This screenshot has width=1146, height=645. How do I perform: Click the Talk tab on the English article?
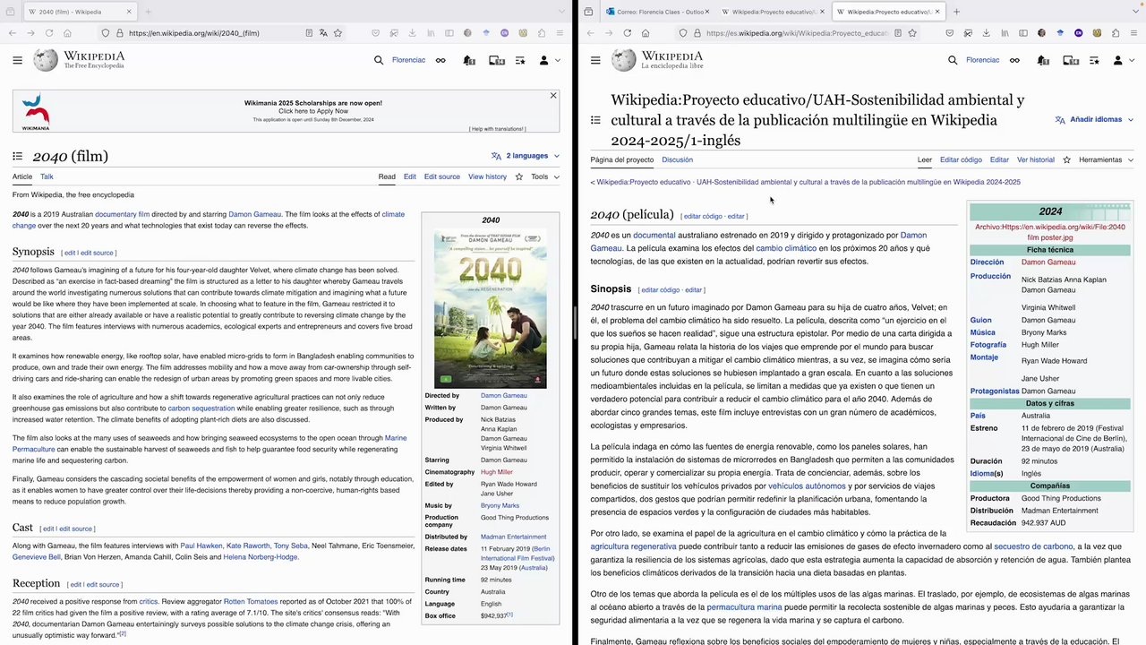click(47, 176)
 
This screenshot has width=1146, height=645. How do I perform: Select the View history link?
click(487, 176)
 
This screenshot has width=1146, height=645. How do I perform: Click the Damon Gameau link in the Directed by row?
click(503, 395)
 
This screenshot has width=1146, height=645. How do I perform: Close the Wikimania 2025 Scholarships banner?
click(553, 95)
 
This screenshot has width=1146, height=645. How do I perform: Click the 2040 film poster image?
click(491, 309)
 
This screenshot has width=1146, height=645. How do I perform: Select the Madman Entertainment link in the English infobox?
click(513, 537)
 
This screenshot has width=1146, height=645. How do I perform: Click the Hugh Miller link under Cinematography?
click(496, 472)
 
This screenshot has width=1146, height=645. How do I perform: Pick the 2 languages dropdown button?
click(526, 156)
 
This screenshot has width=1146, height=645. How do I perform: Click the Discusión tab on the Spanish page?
click(677, 159)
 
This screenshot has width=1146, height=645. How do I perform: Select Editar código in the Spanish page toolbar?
click(961, 159)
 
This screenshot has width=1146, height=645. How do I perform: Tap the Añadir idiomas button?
click(1089, 119)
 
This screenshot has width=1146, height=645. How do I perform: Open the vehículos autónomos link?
click(807, 486)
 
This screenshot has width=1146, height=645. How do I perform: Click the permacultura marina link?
click(744, 607)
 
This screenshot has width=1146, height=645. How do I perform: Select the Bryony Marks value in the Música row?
click(1044, 332)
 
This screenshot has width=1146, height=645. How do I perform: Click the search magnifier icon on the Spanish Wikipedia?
click(953, 60)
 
